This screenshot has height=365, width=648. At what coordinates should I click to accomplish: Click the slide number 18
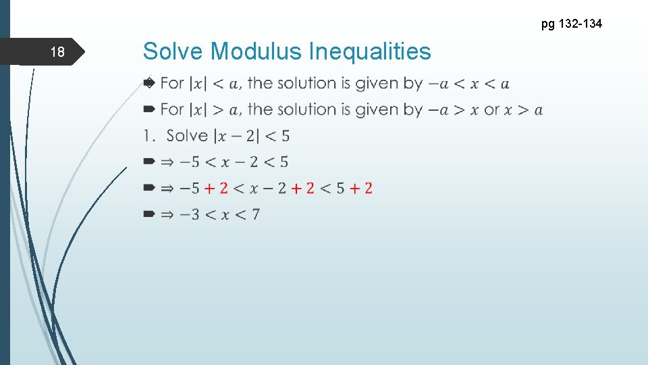(x=59, y=52)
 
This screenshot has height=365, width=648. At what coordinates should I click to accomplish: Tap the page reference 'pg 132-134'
(x=572, y=24)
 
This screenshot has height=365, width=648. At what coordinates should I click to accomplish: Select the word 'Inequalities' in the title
(x=369, y=51)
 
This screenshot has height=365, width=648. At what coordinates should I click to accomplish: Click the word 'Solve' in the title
(x=173, y=51)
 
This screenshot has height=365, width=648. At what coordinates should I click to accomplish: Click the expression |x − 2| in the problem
(x=235, y=136)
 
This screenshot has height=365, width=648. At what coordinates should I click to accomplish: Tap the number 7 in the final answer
(x=255, y=214)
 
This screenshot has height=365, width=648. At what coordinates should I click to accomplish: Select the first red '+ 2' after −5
(x=216, y=188)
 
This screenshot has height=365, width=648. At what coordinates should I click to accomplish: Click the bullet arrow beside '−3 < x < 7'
(x=148, y=214)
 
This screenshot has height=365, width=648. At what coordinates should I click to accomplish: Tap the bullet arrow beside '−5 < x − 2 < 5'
(x=148, y=162)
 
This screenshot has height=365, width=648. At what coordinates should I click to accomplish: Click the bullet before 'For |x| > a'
(x=148, y=109)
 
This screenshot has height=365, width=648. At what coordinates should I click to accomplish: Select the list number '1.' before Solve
(x=148, y=136)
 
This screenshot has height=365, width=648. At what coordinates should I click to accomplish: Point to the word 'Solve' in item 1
(x=187, y=136)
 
